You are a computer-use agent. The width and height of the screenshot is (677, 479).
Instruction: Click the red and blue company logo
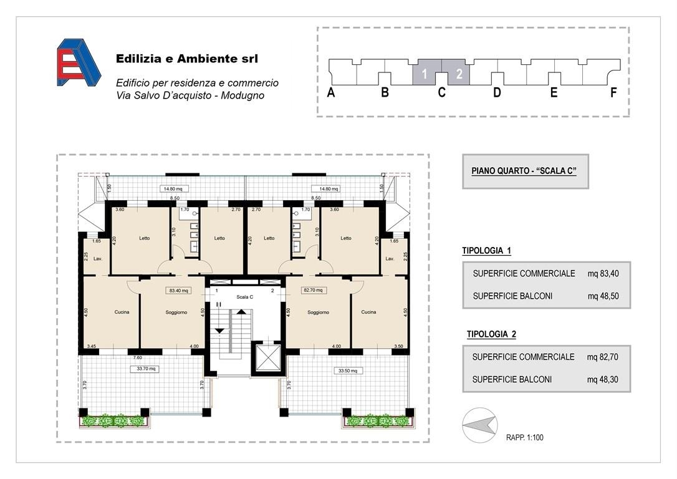coord(79,62)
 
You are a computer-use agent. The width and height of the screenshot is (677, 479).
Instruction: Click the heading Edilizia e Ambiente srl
coord(187,59)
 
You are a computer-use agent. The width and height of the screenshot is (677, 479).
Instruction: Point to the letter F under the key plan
coord(613,92)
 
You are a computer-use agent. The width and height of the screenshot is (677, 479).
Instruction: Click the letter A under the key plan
coord(331,92)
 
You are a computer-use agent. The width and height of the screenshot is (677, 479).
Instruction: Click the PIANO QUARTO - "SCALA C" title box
coord(525,172)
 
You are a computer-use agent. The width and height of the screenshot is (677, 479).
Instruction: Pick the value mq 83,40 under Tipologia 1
coord(603,273)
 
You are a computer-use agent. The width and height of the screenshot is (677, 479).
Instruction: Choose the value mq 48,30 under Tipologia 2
coord(602,380)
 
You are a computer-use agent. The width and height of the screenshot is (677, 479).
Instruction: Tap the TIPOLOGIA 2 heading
coord(491,334)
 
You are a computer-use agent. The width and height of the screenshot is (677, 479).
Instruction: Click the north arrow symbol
coord(479,425)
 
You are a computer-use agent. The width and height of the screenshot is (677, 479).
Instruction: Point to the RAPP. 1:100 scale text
coord(525,438)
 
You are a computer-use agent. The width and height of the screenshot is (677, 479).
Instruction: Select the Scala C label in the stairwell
coord(245,297)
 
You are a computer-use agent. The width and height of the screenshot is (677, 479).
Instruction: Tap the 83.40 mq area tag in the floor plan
coord(179,291)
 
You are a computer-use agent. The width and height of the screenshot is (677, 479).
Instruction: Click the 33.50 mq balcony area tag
coord(348,370)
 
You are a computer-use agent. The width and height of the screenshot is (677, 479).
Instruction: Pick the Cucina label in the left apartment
coord(122,312)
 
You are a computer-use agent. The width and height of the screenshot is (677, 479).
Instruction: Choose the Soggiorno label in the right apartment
coord(318,312)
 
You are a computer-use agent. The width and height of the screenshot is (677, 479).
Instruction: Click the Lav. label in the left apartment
coord(98,259)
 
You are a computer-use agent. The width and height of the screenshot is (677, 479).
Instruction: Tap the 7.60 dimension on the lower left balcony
coord(137,357)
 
